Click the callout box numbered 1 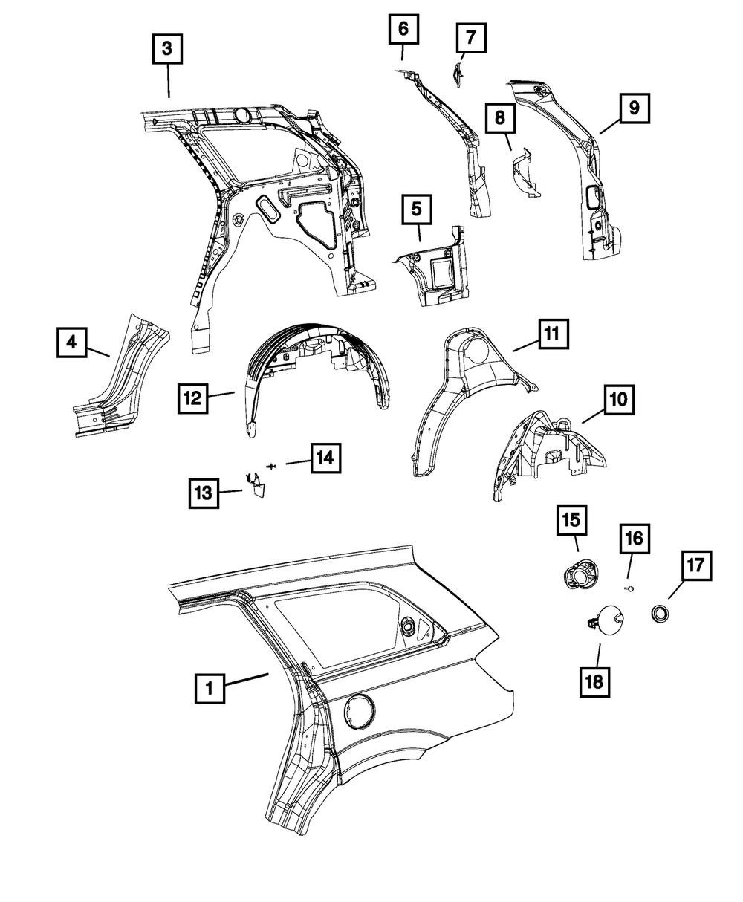click(210, 688)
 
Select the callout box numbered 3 click(167, 50)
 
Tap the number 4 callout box click(71, 343)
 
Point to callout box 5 click(417, 210)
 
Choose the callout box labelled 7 click(471, 36)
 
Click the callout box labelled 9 click(634, 108)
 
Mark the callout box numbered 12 click(192, 398)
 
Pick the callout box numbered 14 click(326, 458)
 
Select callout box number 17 click(696, 566)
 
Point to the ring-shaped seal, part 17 click(659, 614)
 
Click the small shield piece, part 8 click(525, 174)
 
